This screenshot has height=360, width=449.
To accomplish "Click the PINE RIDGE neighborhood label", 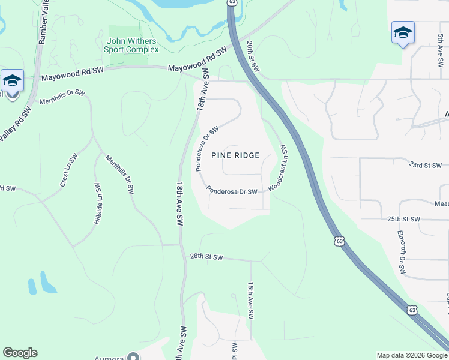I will tap(235, 155).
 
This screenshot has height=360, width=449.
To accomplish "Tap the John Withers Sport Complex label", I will tap(132, 46).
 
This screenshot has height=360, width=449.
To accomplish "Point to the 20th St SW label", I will tap(253, 57).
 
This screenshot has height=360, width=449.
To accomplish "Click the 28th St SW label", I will tap(206, 257).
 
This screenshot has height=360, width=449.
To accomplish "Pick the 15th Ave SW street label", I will tap(251, 301).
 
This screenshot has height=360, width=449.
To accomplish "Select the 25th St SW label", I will tap(402, 219).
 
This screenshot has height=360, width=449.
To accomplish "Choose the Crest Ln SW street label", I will tap(70, 170).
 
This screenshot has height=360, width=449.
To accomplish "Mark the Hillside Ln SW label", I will tap(96, 204).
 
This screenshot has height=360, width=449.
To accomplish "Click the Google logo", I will tap(20, 353).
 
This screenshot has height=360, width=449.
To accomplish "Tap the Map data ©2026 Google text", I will tap(412, 355).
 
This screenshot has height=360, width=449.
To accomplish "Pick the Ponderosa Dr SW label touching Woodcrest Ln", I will tap(232, 191).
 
